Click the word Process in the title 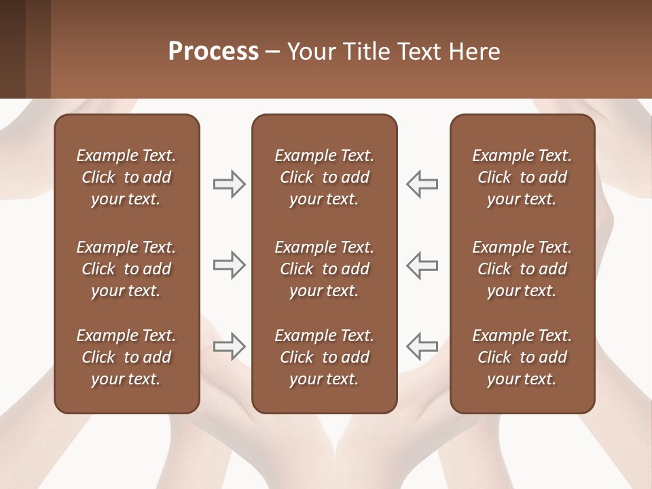click(213, 52)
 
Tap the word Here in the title click(475, 52)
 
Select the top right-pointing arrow click(230, 184)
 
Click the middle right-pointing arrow click(230, 265)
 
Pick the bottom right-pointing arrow click(230, 346)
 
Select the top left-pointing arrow click(422, 184)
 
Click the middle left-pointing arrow click(422, 265)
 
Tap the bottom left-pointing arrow click(422, 346)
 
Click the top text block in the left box click(126, 177)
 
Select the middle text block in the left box click(126, 269)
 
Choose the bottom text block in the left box click(126, 357)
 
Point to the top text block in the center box click(324, 177)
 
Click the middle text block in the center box click(324, 269)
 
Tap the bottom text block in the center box click(324, 357)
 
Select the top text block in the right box click(522, 177)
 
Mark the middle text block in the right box click(522, 269)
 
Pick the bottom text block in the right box click(522, 357)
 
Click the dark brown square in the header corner click(12, 49)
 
